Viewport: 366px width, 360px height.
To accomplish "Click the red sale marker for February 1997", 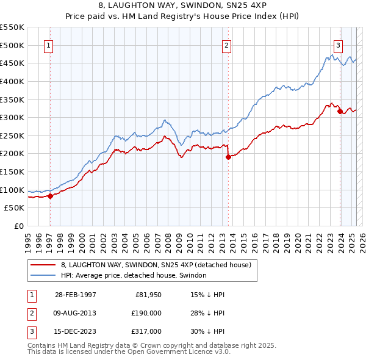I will click(x=51, y=196).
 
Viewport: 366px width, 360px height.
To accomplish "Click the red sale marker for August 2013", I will click(x=228, y=157).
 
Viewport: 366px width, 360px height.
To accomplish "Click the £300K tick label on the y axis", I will click(x=12, y=117).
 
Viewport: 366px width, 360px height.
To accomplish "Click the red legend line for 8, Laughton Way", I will click(x=43, y=265).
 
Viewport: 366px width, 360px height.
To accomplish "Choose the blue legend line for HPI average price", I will click(x=43, y=276).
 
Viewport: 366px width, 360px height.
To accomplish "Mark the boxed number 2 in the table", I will click(x=31, y=313).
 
